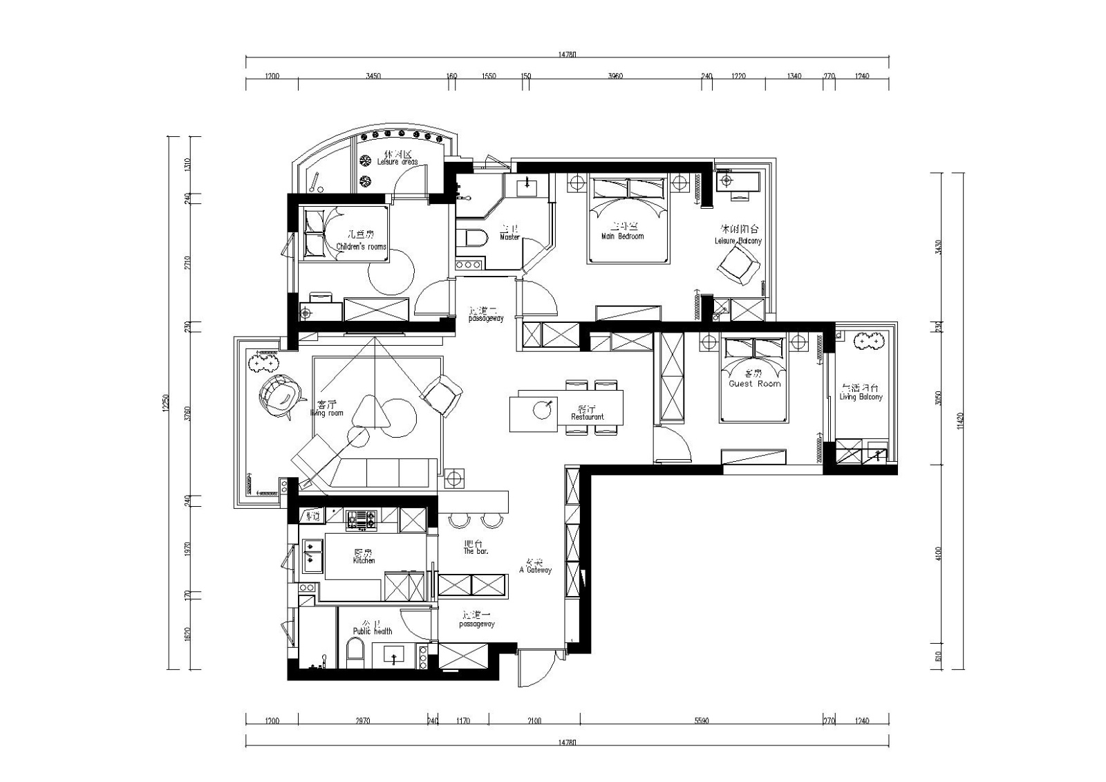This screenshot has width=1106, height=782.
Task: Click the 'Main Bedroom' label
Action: coord(622,236)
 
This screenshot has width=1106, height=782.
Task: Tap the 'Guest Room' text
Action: coord(754,384)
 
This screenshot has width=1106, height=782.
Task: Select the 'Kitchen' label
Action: coord(364,561)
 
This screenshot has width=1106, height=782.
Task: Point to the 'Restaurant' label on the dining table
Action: coord(588,417)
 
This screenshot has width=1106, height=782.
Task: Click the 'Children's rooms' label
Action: coord(361,247)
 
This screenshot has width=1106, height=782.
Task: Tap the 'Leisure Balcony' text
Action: coord(738,241)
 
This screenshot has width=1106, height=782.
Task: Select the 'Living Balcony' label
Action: coord(861,397)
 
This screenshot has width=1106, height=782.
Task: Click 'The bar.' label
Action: coord(476,551)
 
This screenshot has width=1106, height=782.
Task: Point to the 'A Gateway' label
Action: coord(535,570)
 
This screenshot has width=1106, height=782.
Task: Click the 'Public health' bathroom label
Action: coord(373,631)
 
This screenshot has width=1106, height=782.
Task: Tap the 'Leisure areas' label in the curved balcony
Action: coord(397,162)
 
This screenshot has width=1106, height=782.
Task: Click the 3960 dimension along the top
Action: coord(615,76)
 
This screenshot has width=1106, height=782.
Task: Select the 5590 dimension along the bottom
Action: coord(701,720)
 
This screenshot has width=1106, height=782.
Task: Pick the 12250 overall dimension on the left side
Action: coord(165,403)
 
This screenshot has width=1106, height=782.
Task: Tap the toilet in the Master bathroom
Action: coord(474,237)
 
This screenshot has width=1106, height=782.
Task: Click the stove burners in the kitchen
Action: coord(362,519)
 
